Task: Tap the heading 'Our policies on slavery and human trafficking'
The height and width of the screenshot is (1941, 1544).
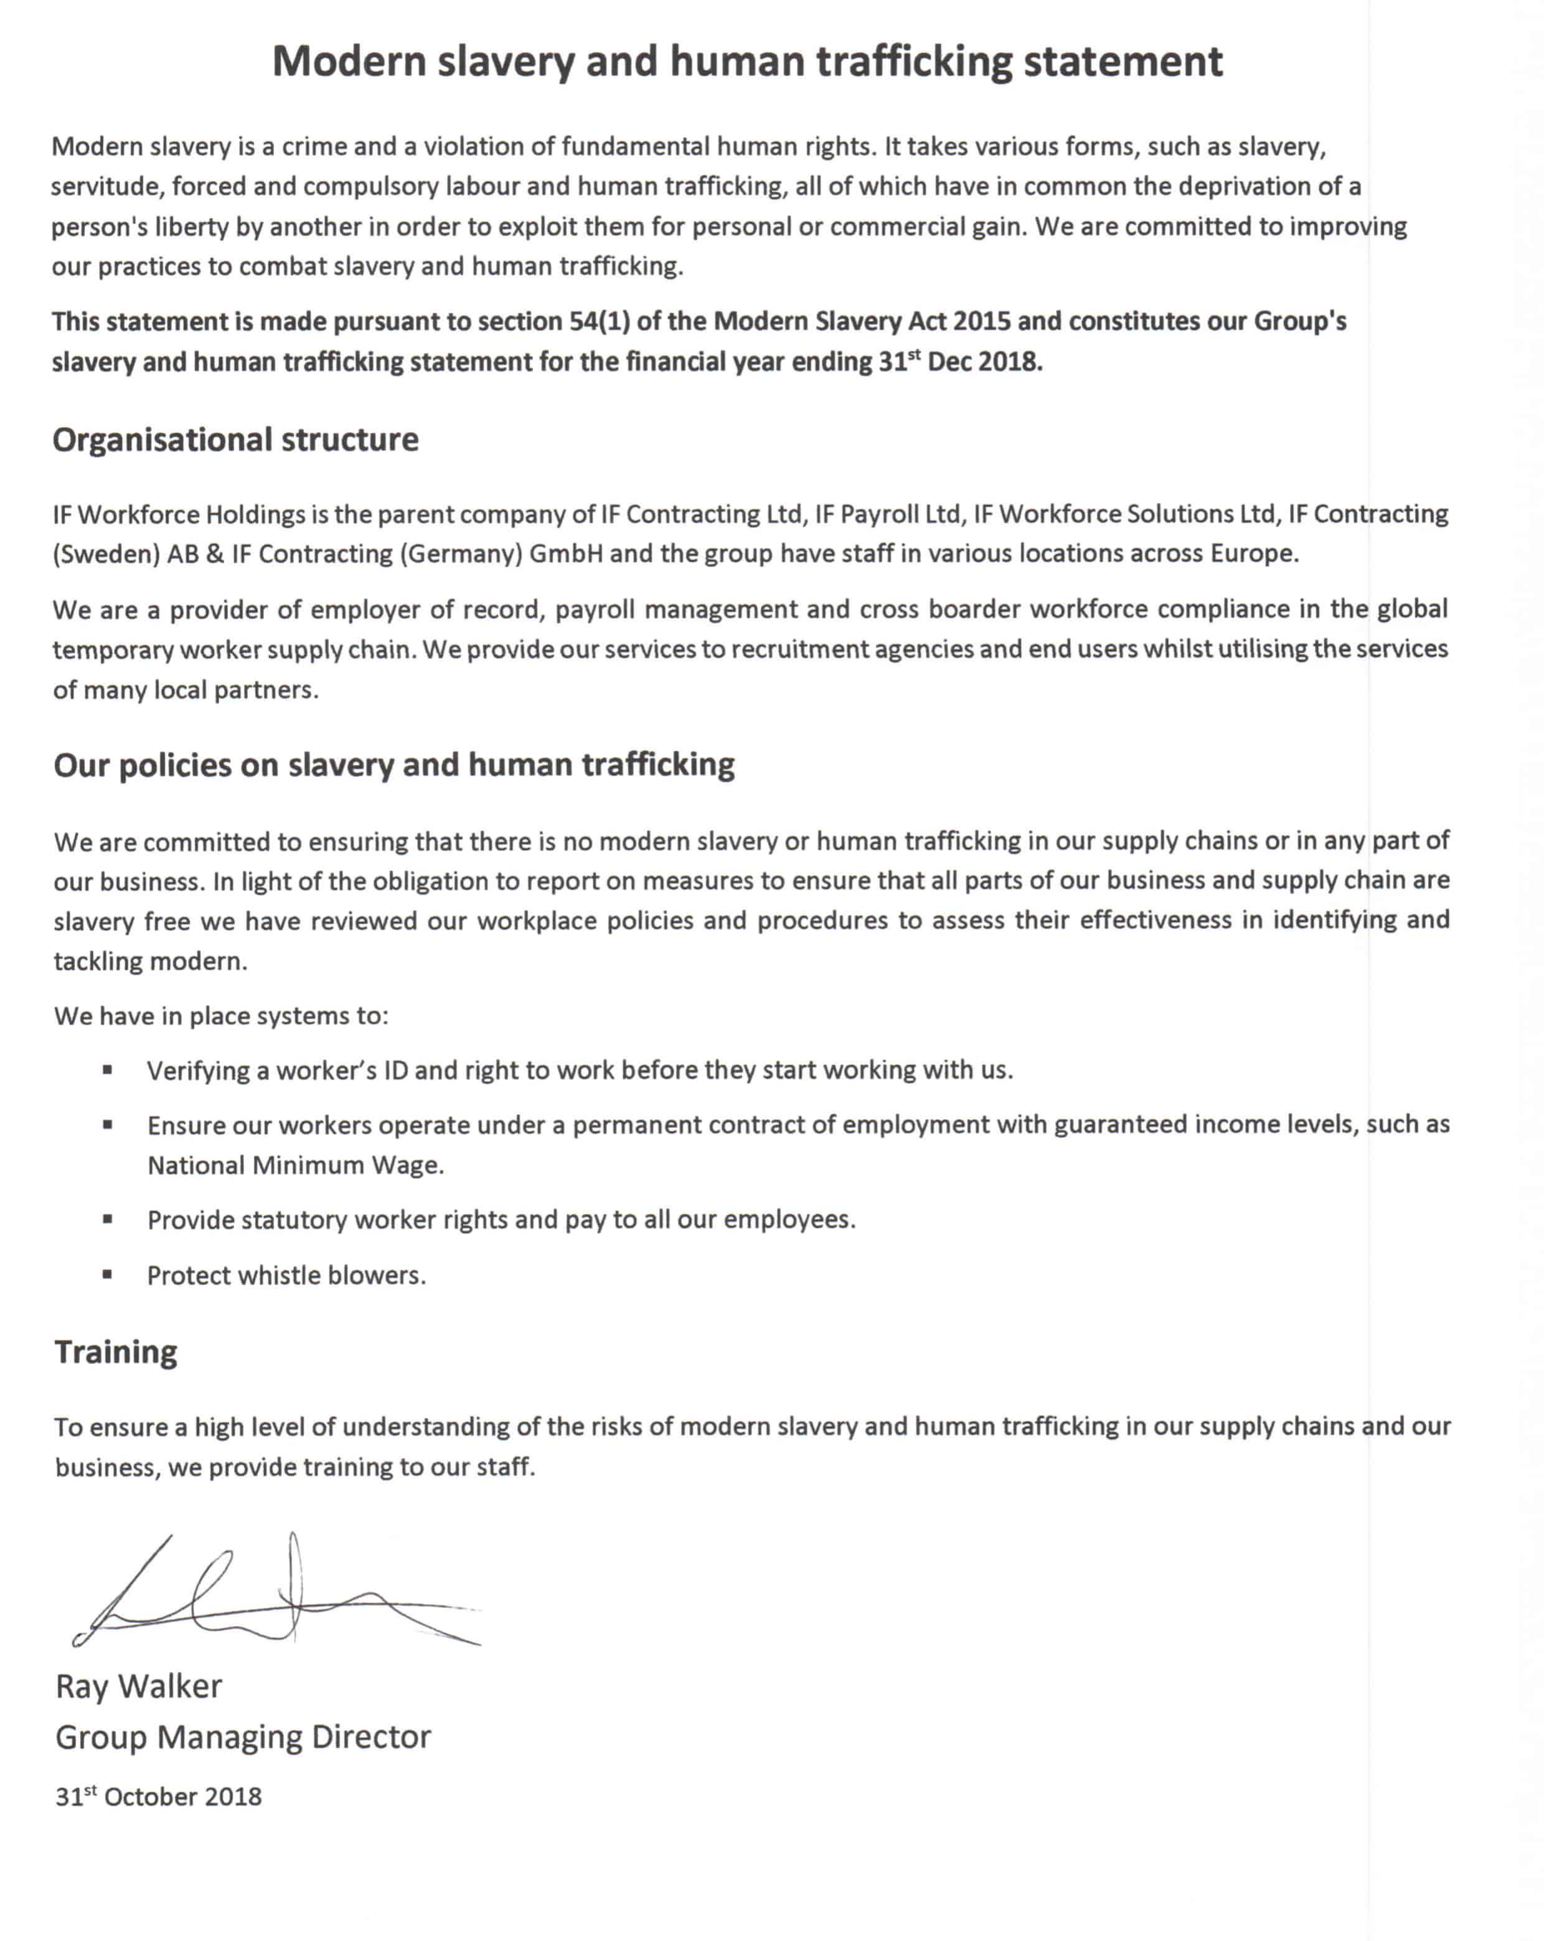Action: pos(393,764)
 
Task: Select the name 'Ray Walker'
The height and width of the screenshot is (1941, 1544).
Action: pos(139,1686)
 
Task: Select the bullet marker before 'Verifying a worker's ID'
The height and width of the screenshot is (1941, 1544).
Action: pos(107,1069)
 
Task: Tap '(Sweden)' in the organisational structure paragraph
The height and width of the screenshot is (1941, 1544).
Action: pos(106,553)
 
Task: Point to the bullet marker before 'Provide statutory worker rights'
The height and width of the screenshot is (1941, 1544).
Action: pos(107,1219)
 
